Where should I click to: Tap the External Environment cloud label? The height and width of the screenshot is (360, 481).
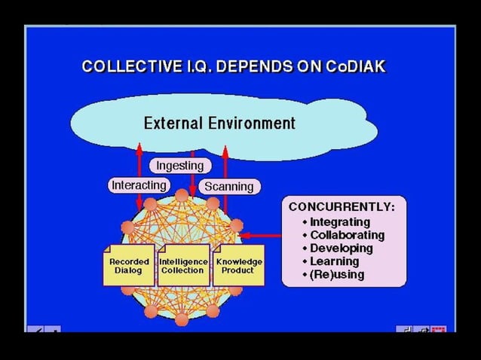tap(219, 123)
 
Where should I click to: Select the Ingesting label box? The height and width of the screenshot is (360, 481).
tap(179, 165)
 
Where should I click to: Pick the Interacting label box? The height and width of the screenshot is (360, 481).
tap(139, 185)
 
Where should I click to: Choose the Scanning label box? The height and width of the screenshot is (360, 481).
tap(229, 185)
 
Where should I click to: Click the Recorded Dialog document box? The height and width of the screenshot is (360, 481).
tap(129, 266)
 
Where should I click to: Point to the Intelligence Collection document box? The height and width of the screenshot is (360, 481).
tap(183, 266)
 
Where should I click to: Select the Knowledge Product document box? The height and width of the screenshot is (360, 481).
tap(239, 266)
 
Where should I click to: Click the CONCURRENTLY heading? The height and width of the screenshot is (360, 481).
tap(342, 206)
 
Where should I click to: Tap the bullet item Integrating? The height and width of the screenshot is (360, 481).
tap(340, 222)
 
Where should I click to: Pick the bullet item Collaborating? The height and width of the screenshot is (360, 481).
tap(347, 235)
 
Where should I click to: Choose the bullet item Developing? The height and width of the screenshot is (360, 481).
tap(342, 248)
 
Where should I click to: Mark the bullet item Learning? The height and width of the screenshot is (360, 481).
tap(334, 261)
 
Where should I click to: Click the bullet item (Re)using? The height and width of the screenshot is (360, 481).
tap(337, 274)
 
